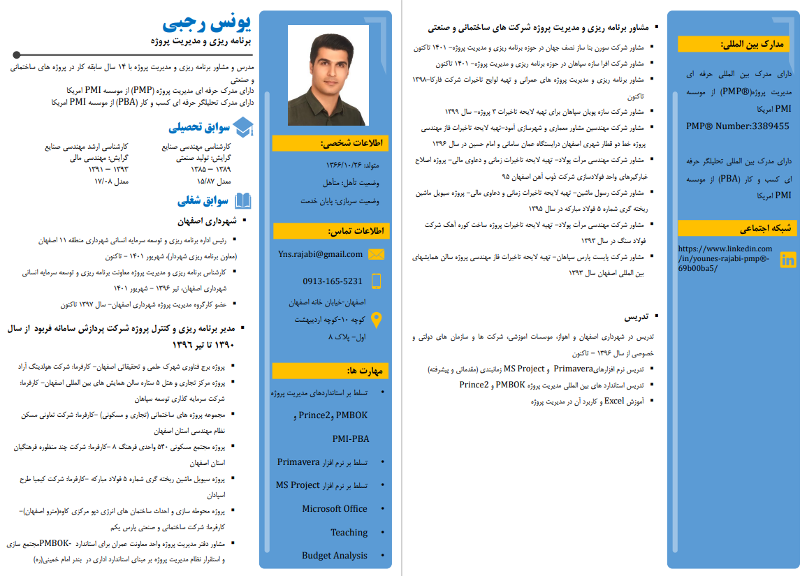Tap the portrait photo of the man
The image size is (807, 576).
pos(328,75)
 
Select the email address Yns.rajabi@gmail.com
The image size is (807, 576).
pos(320,254)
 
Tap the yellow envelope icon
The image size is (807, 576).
pos(376,254)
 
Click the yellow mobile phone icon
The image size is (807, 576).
pos(376,281)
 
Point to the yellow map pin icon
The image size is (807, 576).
pos(376,320)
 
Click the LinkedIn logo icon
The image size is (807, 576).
pos(788,260)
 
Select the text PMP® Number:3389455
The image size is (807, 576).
pos(738,126)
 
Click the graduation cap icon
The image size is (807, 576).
pos(243,127)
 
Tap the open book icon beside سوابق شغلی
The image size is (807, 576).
pos(243,201)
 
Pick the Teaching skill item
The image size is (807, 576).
pos(349,532)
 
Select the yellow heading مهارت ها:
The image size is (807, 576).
pos(330,371)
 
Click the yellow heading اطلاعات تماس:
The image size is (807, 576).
pos(330,231)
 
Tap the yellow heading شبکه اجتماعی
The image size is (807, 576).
pos(736,228)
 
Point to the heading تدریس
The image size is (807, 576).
pos(636,316)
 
